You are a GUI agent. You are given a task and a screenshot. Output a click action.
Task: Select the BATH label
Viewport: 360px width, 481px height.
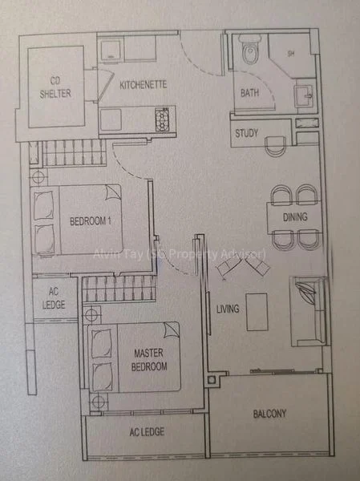(249, 93)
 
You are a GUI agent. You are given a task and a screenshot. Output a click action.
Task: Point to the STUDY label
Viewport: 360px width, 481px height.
(246, 133)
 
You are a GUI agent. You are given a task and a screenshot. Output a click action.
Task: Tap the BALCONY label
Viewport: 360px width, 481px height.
(269, 414)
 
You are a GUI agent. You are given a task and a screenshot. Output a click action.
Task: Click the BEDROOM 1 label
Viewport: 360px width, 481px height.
(89, 220)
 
